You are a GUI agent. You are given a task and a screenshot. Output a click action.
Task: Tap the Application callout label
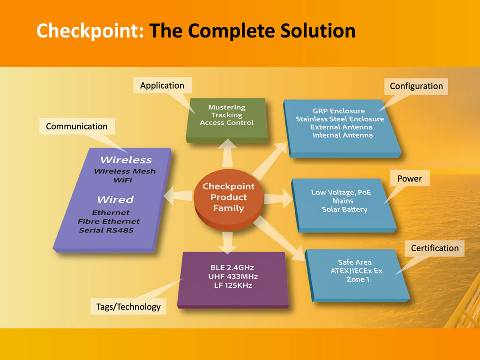(162, 85)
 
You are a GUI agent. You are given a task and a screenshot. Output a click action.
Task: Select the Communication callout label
(77, 126)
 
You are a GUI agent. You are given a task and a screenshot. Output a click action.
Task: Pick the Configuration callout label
(416, 86)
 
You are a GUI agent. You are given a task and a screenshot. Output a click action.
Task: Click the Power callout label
(410, 179)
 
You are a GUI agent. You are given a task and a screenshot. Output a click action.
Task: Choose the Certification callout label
(435, 248)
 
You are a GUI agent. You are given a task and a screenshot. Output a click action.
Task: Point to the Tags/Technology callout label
(128, 307)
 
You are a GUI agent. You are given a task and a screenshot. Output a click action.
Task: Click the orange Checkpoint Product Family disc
(228, 198)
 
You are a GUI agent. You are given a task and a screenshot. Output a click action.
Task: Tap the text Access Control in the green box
(227, 123)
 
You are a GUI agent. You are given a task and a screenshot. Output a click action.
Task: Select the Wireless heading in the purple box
(126, 160)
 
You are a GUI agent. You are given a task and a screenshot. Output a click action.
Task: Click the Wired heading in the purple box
(115, 200)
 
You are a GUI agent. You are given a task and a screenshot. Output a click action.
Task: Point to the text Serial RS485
(106, 230)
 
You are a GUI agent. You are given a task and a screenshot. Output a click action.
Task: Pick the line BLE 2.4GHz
(232, 268)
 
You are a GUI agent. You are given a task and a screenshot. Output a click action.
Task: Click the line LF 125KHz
(233, 285)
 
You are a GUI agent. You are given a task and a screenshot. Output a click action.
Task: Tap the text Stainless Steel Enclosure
(340, 119)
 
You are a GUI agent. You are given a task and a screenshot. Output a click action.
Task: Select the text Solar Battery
(345, 210)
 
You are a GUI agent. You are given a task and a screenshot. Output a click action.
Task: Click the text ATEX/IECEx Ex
(357, 271)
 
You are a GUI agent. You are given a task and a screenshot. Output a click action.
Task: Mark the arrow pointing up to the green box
(227, 153)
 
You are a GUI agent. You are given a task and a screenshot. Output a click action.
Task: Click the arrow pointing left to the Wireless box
(179, 195)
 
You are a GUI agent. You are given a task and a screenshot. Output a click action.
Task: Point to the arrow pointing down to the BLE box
(227, 242)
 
